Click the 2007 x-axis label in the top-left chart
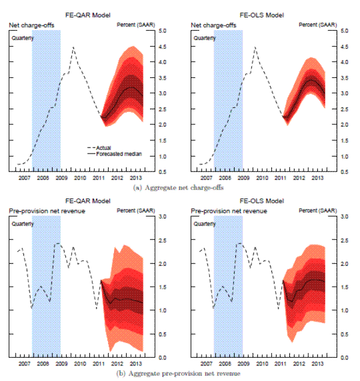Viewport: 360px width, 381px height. (x=25, y=179)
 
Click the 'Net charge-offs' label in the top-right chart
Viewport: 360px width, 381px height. (x=211, y=25)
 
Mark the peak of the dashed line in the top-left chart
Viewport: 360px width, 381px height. (x=73, y=47)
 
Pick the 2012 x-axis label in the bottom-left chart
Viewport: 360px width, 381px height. (x=117, y=365)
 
